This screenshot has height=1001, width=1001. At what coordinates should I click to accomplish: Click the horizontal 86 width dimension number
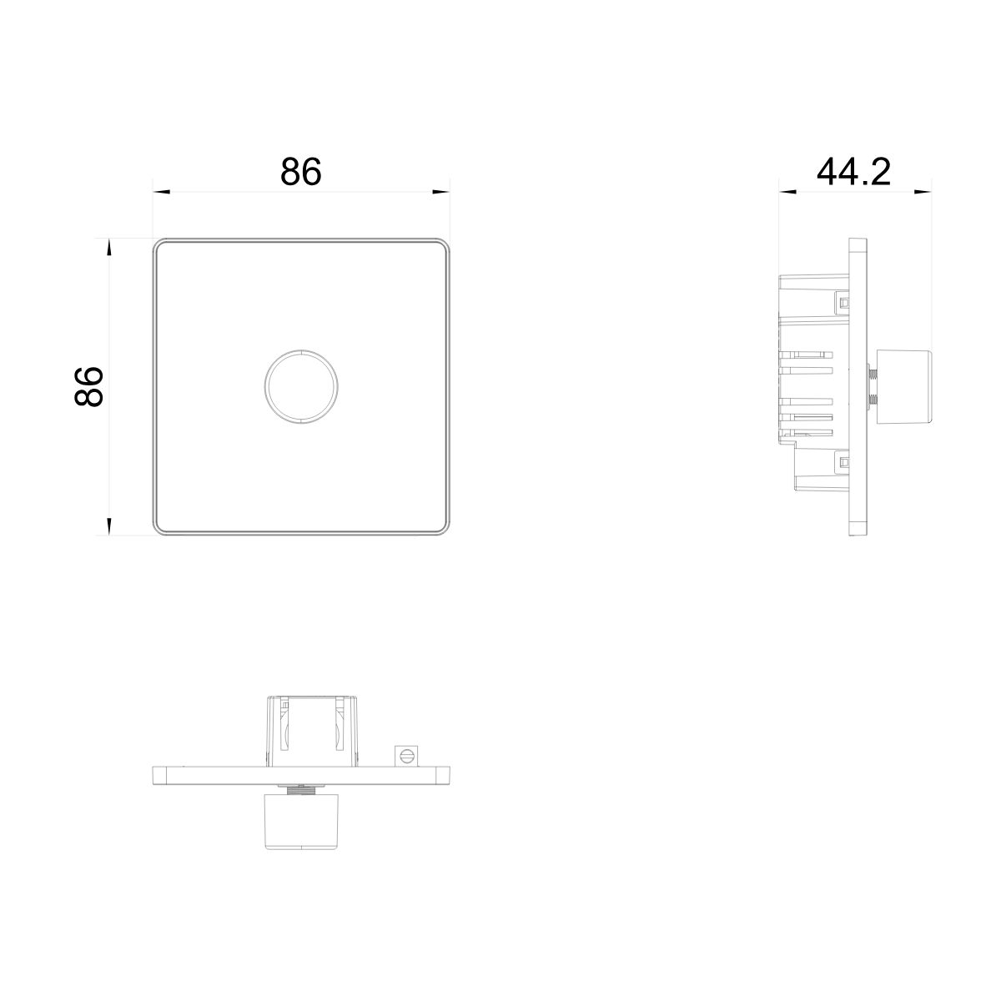point(301,172)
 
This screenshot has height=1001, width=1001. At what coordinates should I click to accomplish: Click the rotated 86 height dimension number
point(88,386)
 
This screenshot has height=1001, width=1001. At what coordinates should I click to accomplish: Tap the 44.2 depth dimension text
point(853,172)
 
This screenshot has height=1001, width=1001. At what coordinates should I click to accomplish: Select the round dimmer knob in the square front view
point(301,386)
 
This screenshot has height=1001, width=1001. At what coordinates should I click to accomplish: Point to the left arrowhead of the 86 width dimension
point(162,192)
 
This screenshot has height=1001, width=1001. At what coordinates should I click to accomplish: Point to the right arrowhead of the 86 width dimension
point(441,192)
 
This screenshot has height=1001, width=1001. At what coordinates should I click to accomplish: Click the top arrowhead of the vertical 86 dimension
point(108,247)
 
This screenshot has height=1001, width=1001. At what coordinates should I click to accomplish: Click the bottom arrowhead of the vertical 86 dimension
point(108,526)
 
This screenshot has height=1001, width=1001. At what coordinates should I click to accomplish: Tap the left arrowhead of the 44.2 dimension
point(787,192)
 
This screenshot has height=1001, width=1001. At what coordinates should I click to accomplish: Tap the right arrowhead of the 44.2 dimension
point(923,192)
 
